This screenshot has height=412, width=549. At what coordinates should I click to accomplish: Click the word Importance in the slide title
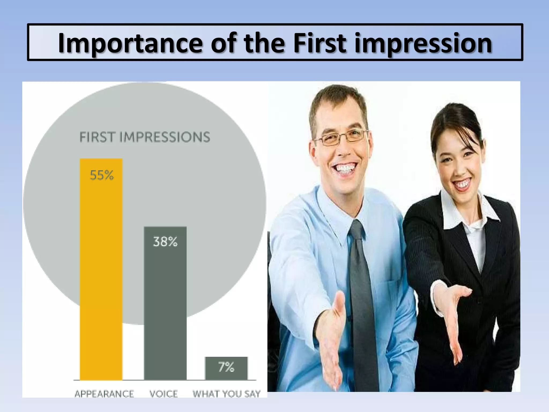pyautogui.click(x=130, y=43)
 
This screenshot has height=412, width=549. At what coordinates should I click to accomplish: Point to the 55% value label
pyautogui.click(x=102, y=175)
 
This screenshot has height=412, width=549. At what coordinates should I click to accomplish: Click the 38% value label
pyautogui.click(x=165, y=242)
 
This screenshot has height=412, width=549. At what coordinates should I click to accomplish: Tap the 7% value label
pyautogui.click(x=226, y=367)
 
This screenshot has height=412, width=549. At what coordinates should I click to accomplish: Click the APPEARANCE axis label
pyautogui.click(x=104, y=394)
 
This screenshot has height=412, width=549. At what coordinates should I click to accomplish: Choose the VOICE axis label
pyautogui.click(x=164, y=394)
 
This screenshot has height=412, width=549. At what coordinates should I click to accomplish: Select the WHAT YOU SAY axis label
pyautogui.click(x=227, y=394)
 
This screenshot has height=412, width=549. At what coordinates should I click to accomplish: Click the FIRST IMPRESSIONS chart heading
pyautogui.click(x=145, y=137)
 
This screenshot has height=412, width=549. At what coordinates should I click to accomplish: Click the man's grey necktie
pyautogui.click(x=361, y=295)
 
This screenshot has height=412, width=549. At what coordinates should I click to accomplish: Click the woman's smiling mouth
pyautogui.click(x=462, y=185)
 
